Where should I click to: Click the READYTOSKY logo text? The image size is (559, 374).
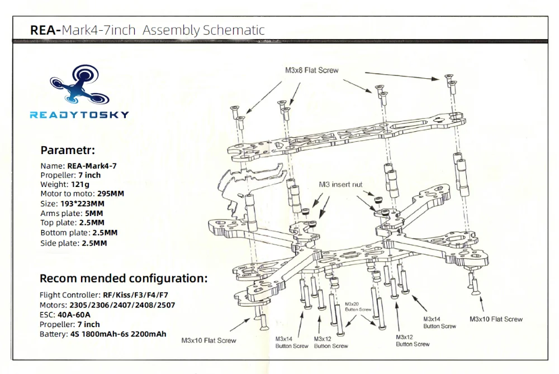pyautogui.click(x=79, y=115)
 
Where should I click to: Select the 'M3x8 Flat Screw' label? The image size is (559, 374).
pyautogui.click(x=312, y=70)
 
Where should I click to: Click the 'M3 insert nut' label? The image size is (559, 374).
pyautogui.click(x=340, y=184)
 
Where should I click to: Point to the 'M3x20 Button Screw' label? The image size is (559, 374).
pyautogui.click(x=358, y=306)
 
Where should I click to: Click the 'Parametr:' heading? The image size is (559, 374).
pyautogui.click(x=68, y=150)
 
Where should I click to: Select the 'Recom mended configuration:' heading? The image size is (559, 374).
pyautogui.click(x=124, y=278)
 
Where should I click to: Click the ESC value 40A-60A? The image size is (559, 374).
pyautogui.click(x=80, y=315)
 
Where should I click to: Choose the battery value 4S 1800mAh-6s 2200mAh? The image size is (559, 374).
pyautogui.click(x=126, y=334)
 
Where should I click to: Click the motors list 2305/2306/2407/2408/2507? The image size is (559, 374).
pyautogui.click(x=122, y=305)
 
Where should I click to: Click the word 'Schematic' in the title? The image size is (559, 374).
pyautogui.click(x=234, y=30)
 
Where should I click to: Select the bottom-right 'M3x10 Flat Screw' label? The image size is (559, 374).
pyautogui.click(x=496, y=319)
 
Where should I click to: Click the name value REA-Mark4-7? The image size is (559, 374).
pyautogui.click(x=92, y=165)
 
